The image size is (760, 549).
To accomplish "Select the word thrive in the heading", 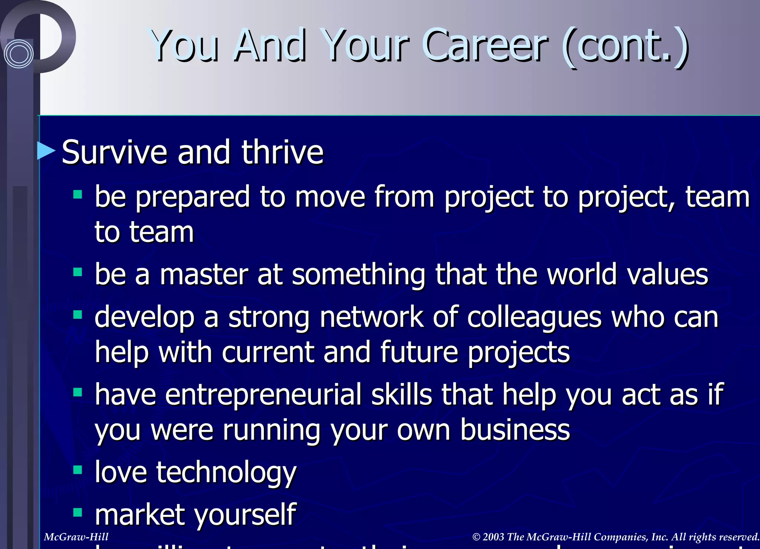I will (282, 152).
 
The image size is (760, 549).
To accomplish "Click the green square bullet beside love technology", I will (78, 470).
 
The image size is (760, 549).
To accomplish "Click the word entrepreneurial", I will (263, 394).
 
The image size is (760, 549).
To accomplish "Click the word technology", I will (226, 473).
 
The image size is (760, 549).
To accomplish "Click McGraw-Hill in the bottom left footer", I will (76, 537).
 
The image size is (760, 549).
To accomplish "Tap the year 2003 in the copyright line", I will (494, 537).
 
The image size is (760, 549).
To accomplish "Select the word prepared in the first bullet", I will (192, 197).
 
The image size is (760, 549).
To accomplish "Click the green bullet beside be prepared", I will (78, 195).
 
